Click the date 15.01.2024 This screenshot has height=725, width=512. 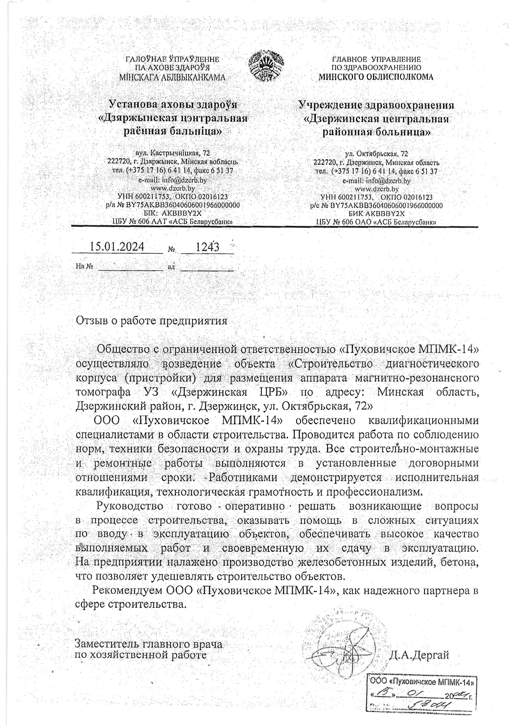point(117,247)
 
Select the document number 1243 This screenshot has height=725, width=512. point(207,247)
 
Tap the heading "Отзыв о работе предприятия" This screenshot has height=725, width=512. point(151,321)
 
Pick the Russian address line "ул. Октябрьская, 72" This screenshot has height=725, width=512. point(376,154)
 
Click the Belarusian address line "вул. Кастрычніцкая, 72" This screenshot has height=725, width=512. point(173,153)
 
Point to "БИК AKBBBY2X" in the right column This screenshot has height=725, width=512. point(377,214)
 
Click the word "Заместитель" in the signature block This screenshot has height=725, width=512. point(107,644)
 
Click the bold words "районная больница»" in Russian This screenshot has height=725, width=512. point(376,132)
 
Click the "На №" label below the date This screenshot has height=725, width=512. point(84,266)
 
